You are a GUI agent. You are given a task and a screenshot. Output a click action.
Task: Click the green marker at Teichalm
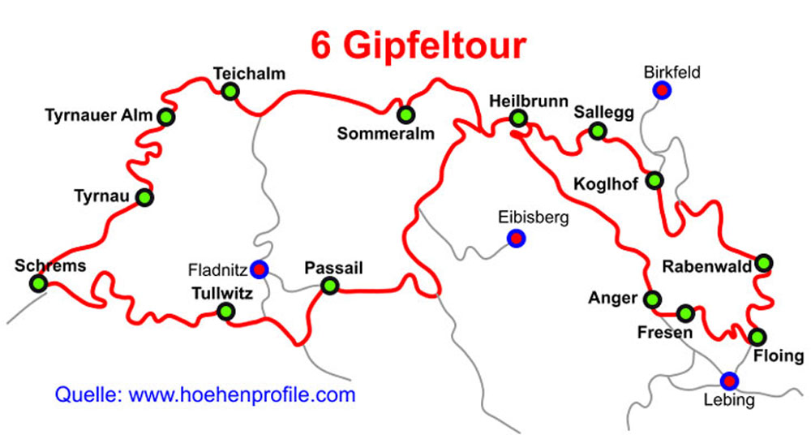[x=230, y=91]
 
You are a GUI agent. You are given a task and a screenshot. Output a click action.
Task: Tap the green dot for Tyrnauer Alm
[x=166, y=117]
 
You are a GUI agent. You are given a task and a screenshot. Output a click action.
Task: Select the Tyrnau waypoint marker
[x=144, y=197]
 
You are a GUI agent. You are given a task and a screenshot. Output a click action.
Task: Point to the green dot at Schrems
[x=37, y=283]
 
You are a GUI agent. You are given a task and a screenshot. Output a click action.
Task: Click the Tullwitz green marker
[x=226, y=311]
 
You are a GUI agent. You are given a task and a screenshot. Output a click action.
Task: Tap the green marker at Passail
[x=329, y=285]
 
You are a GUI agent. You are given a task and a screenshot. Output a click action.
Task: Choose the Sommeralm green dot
[x=405, y=114]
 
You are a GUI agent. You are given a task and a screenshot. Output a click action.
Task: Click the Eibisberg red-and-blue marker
[x=515, y=238]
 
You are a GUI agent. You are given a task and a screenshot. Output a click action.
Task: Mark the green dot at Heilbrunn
[x=519, y=119]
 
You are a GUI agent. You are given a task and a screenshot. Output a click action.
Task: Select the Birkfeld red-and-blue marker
[x=662, y=90]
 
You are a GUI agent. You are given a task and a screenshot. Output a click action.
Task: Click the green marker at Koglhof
[x=654, y=180]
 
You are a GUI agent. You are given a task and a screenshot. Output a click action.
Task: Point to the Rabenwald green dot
[x=763, y=263]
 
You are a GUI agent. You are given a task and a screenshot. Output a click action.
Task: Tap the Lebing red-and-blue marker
[x=730, y=380]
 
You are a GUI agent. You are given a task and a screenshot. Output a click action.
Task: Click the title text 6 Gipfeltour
[x=418, y=46]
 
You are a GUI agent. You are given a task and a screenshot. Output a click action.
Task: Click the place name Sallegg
[x=603, y=112]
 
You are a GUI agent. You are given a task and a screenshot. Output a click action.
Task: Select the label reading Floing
[x=779, y=356]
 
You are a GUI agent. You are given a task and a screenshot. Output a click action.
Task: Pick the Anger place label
[x=613, y=298]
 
